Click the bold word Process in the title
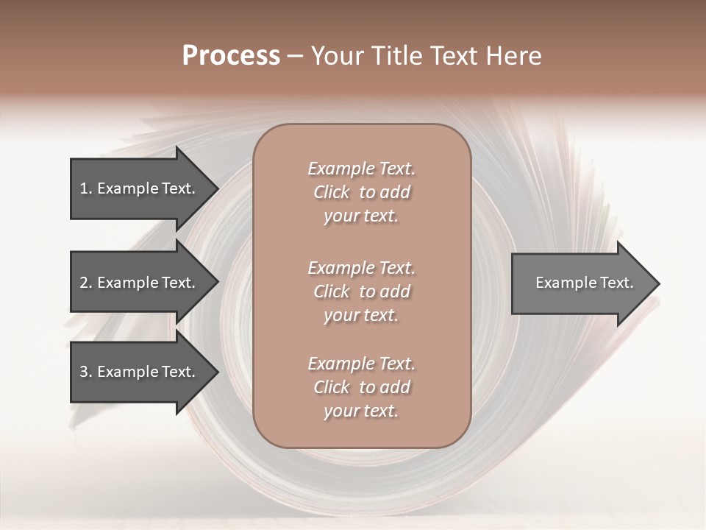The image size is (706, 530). click(231, 56)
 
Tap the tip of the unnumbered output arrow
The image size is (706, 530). click(658, 283)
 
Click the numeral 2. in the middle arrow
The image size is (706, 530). click(86, 283)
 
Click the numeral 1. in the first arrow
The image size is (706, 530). click(86, 188)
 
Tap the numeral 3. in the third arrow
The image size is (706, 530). click(86, 372)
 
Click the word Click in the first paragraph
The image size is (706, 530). click(332, 192)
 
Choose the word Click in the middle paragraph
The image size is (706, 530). click(332, 291)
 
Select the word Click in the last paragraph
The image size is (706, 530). click(332, 387)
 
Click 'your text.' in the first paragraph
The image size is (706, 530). click(361, 216)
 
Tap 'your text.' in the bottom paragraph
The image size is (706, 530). click(361, 411)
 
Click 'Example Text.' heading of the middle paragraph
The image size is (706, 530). click(361, 267)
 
